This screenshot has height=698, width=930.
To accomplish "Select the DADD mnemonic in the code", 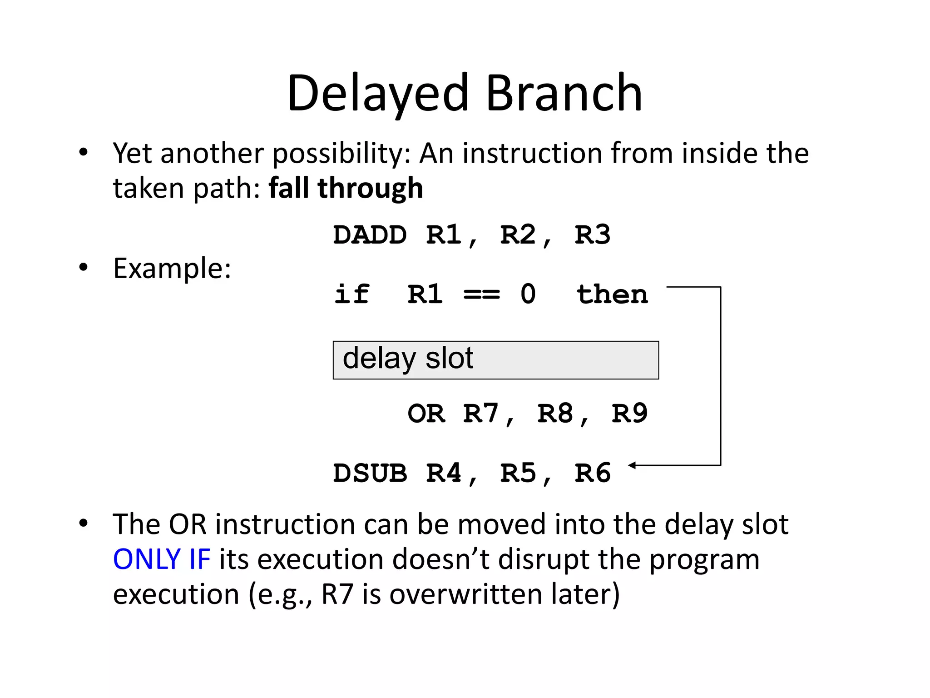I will click(x=370, y=235).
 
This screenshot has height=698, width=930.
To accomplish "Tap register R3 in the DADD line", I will click(x=592, y=235).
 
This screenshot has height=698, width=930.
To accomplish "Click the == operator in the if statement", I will click(x=481, y=294).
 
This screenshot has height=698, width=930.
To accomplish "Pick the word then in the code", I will click(x=612, y=294).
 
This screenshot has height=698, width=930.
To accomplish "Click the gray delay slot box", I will click(x=495, y=360).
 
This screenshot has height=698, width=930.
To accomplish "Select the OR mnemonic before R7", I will click(x=426, y=414).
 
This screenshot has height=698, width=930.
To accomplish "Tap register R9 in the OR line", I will click(x=629, y=414).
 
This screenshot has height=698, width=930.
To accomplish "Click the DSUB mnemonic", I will click(x=370, y=473).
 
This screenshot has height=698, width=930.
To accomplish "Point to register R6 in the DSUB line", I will click(x=592, y=473).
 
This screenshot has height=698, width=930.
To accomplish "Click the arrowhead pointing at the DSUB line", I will click(x=632, y=465).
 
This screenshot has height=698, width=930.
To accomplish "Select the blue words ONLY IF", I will click(x=162, y=559).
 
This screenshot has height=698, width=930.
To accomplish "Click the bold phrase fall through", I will click(x=346, y=188).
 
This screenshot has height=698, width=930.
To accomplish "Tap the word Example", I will click(x=172, y=268).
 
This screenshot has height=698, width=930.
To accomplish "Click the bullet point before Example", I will click(x=83, y=267).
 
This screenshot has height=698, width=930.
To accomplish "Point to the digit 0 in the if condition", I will click(x=528, y=294).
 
